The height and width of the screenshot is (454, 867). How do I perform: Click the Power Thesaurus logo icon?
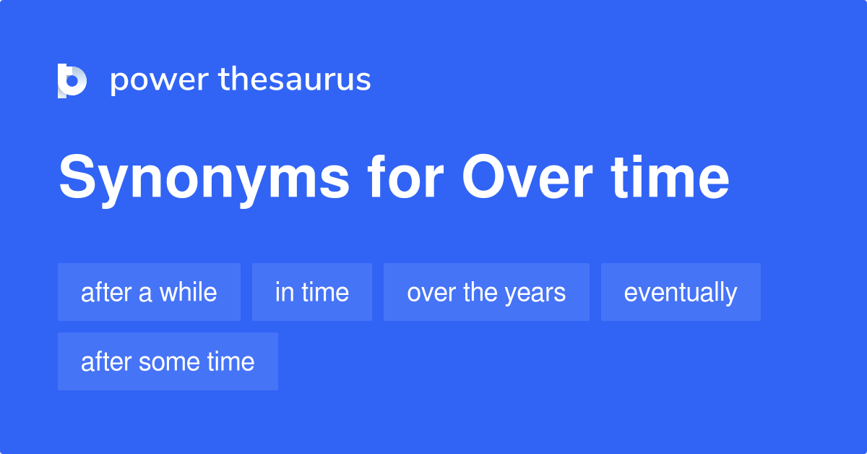[72, 80]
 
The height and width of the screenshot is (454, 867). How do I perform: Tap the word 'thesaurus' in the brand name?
[295, 80]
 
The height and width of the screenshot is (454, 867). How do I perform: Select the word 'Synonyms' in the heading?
[204, 179]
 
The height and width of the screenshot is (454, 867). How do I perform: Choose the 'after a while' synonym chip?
[149, 292]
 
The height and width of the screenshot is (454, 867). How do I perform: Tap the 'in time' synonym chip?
[312, 292]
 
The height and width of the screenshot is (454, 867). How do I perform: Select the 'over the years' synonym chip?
[486, 292]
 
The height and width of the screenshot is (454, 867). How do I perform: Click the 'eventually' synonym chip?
[681, 292]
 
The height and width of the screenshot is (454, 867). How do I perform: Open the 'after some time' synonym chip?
[168, 361]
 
